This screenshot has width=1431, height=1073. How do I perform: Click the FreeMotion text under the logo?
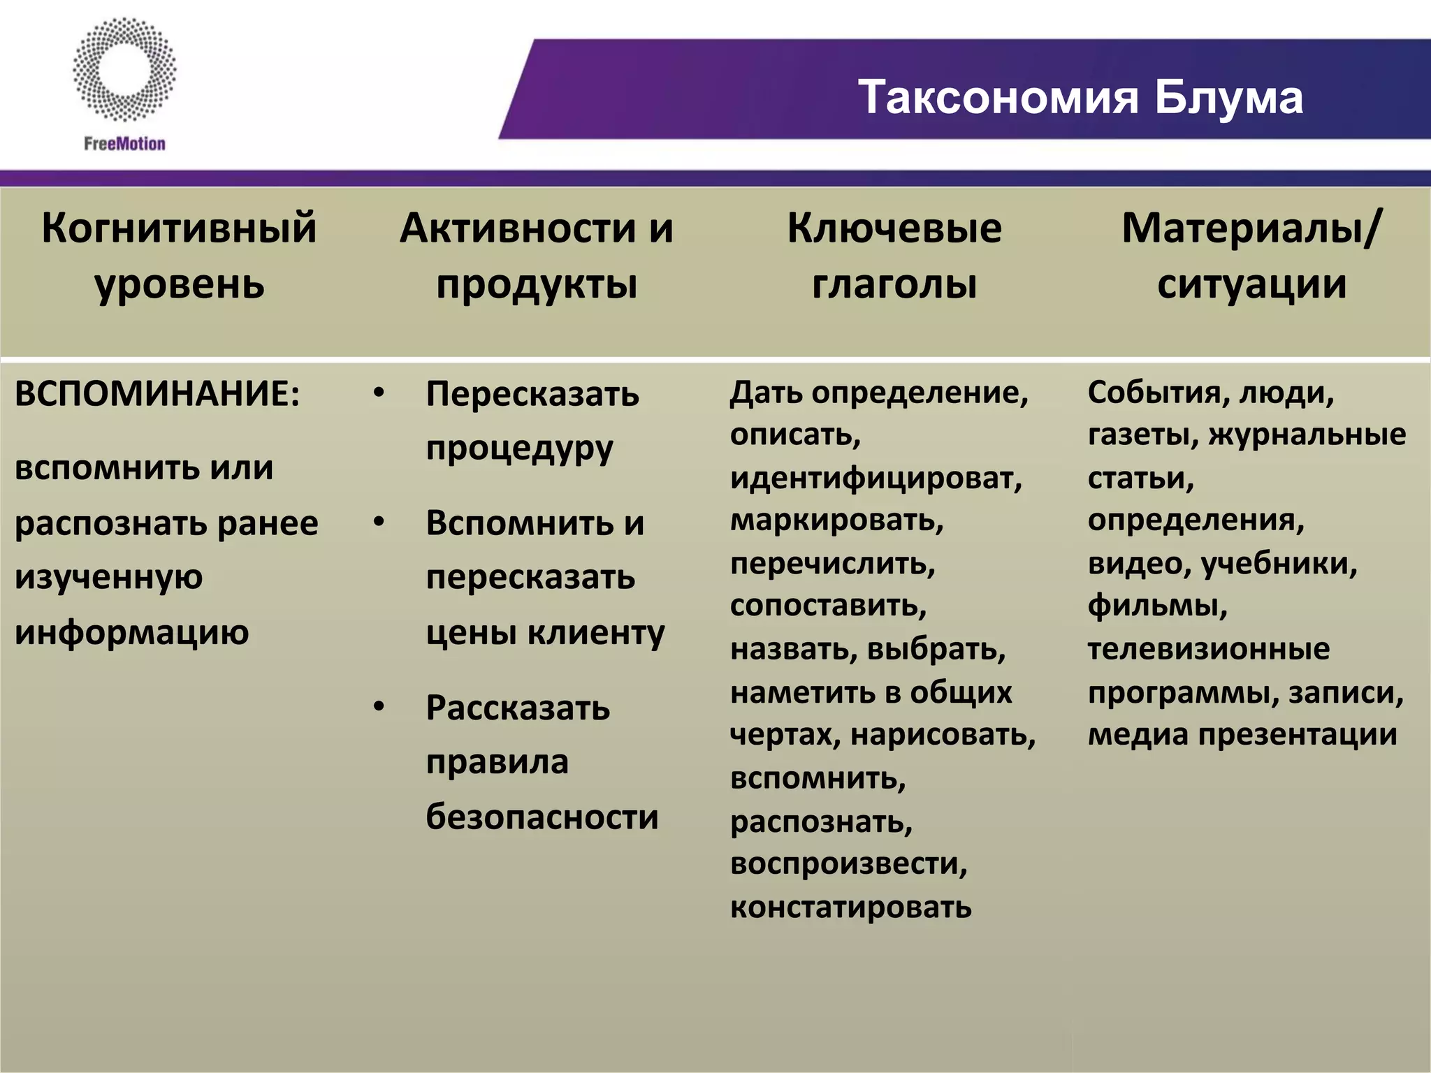tap(124, 144)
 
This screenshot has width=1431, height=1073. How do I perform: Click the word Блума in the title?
tap(1228, 97)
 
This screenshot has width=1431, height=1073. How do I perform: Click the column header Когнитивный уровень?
tap(179, 256)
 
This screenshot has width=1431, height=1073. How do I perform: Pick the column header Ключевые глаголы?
tap(894, 256)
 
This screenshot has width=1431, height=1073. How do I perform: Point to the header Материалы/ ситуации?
tap(1251, 256)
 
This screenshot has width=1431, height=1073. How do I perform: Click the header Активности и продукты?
tap(536, 256)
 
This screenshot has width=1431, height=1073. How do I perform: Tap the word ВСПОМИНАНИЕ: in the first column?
tap(157, 394)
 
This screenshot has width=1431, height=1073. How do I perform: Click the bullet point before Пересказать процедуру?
tap(379, 393)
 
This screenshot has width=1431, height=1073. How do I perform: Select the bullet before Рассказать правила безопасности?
tap(379, 707)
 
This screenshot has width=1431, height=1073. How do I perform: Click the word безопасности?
tap(542, 817)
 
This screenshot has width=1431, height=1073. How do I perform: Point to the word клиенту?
tap(595, 633)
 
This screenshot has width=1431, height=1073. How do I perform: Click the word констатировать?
tap(850, 907)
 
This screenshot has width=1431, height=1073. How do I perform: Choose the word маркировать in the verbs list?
tap(836, 520)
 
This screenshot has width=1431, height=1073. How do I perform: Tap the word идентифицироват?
tap(875, 479)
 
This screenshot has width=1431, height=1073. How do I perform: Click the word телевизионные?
tap(1208, 649)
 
